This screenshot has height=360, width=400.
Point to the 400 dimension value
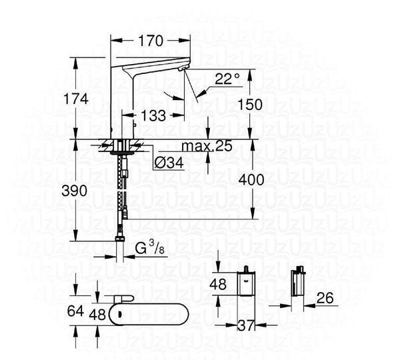click(251, 180)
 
